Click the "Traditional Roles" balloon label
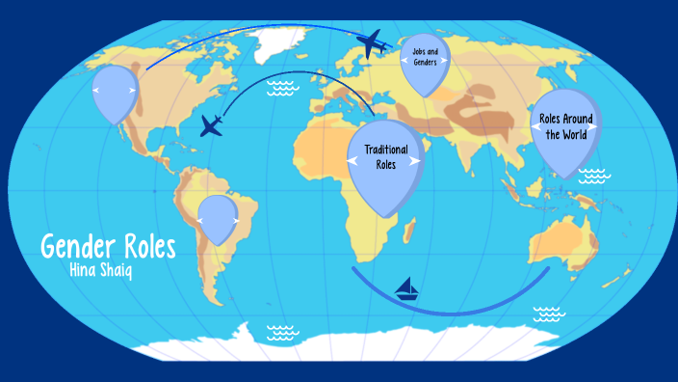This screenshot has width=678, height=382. coord(385,157)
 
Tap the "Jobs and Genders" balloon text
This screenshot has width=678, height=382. coord(425,56)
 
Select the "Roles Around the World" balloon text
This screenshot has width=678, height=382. coord(565,126)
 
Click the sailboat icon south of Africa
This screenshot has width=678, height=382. coord(408,288)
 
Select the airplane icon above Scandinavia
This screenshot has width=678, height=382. coord(372,43)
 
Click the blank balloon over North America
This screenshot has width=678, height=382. coord(116,89)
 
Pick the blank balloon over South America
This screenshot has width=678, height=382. coord(219,217)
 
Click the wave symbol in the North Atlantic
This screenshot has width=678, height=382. coord(282,89)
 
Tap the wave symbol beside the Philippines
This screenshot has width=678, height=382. coord(593,176)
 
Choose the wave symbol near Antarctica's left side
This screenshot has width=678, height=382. coord(282,332)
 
